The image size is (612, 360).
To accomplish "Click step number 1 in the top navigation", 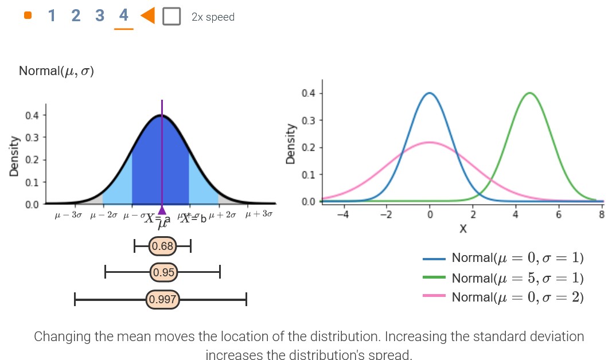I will pos(52,16).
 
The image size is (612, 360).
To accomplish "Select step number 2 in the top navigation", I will pos(76,16).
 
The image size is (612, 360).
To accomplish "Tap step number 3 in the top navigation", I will pos(100,16).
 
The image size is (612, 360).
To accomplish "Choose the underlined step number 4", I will pos(124,16).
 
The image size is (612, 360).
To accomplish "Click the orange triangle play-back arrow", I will pos(147,16).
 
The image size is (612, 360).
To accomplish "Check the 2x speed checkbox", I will pos(171,17).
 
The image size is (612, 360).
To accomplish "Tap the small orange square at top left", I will pos(28,16).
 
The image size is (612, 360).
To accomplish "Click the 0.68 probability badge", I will pos(163,247).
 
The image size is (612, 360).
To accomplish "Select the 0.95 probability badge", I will pos(163,272).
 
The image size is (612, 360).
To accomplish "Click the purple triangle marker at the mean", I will pos(162,210).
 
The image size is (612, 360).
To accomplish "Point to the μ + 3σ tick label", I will pos(259,214).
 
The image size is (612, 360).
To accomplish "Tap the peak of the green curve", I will pos(529,93).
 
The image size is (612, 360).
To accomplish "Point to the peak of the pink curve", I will pos(430,142).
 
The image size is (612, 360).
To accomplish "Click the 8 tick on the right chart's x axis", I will pos(601,215).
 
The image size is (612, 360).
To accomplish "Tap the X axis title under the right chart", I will pos(462,229).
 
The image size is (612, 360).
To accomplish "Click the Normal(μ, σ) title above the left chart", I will pos(56,71).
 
